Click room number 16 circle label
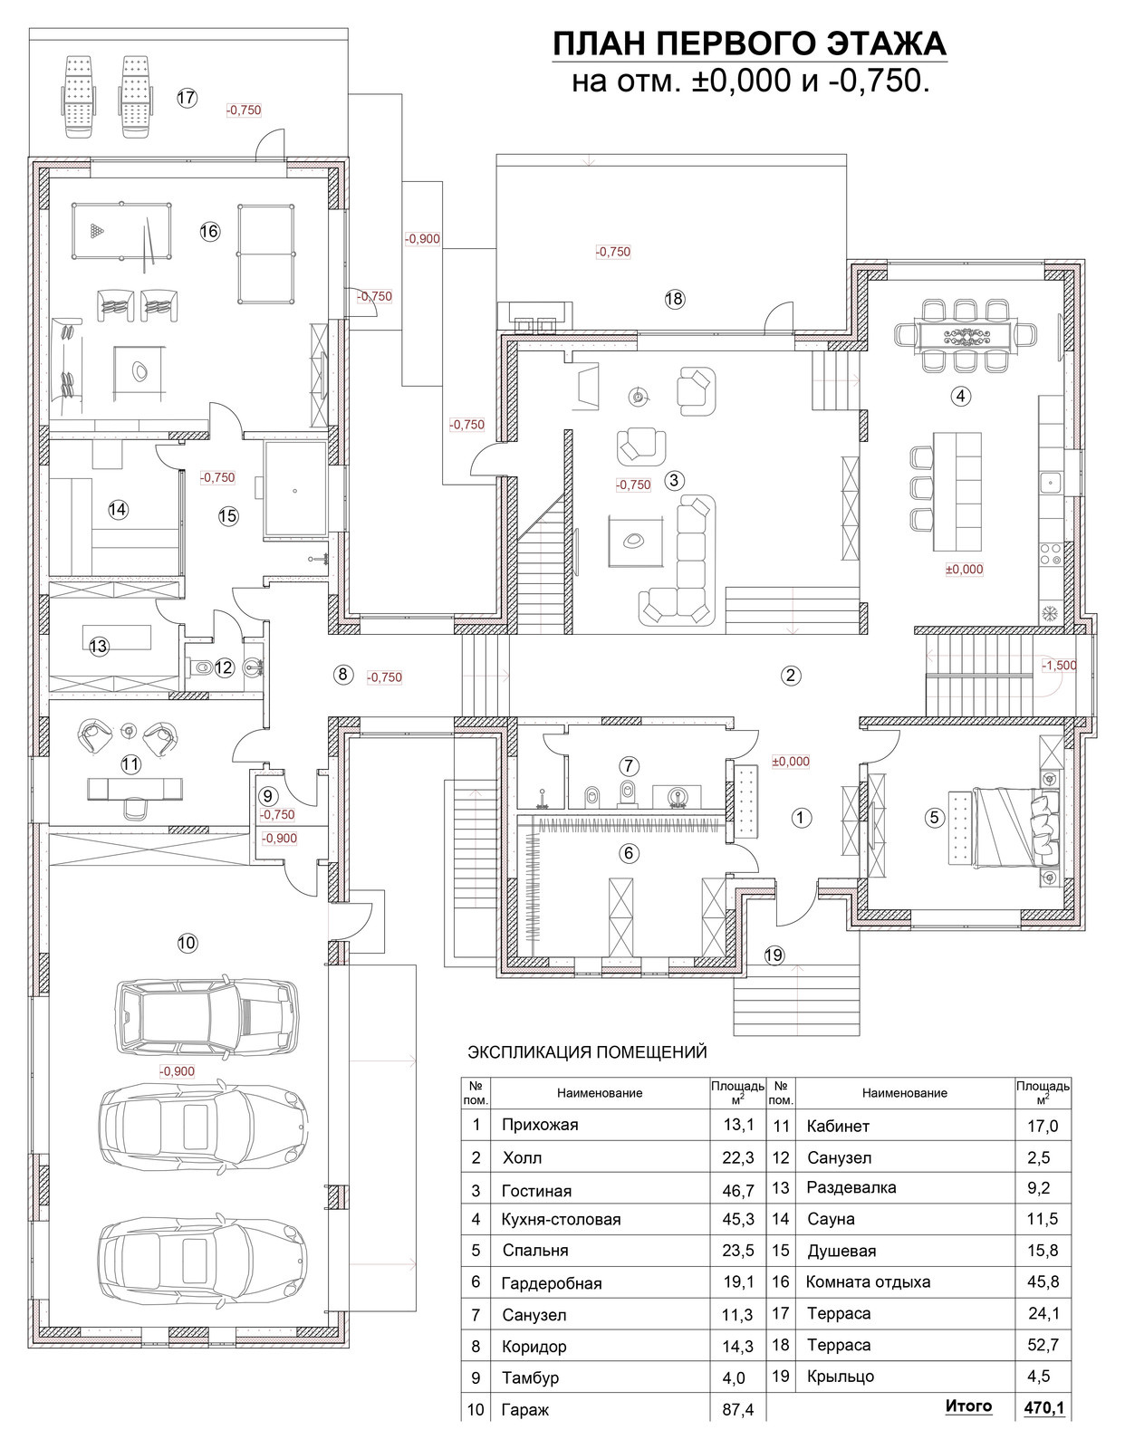[209, 231]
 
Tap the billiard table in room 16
[120, 231]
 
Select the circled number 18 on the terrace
[674, 299]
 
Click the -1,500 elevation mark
[1059, 666]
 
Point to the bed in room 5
[1015, 828]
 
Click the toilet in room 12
[204, 666]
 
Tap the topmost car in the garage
[206, 1017]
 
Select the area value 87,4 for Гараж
[737, 1410]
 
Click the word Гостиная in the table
[536, 1191]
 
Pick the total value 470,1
[1044, 1407]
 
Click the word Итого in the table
[968, 1406]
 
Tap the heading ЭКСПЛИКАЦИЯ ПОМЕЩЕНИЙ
[587, 1052]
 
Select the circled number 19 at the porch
[774, 955]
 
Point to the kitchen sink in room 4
[1051, 480]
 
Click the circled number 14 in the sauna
[118, 510]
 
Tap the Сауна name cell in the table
[831, 1219]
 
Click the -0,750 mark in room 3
[633, 485]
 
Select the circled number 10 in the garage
[187, 942]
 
